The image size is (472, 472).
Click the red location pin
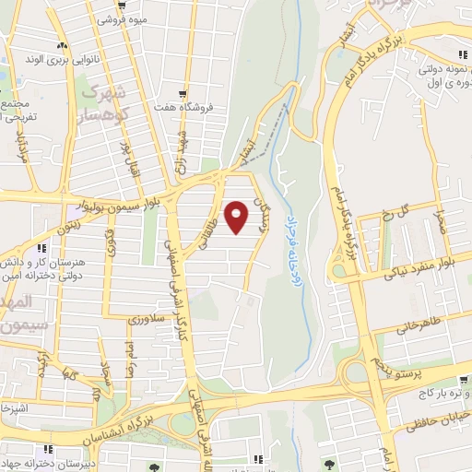point(237,217)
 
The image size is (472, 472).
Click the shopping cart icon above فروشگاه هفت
point(185,94)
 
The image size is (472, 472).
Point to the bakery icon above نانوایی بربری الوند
point(61,46)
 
